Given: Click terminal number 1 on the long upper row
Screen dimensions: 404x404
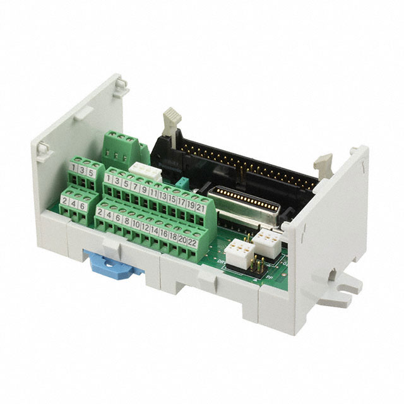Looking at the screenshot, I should point(109,178).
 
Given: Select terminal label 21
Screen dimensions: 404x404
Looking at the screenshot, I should point(200,207).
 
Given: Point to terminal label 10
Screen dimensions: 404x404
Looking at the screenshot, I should point(136,223).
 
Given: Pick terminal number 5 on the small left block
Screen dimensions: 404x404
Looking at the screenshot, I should point(92,172).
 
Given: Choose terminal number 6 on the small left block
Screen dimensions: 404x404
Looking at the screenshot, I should point(83,206).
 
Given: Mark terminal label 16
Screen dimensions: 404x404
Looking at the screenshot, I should point(164,233).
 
